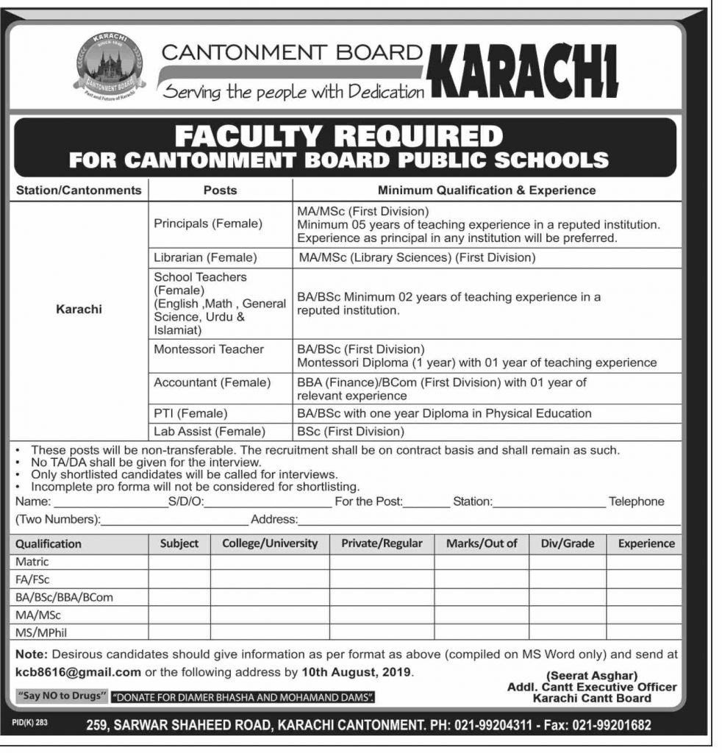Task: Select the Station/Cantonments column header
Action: point(78,190)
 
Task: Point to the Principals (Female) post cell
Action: point(208,223)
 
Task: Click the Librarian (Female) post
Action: point(205,257)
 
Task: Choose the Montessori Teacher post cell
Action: point(208,349)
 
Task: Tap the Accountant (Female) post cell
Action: point(212,382)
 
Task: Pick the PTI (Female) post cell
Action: point(190,413)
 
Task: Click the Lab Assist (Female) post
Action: point(209,432)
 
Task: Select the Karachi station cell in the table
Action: point(79,310)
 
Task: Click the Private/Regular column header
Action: point(382,543)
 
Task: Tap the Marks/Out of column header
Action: point(482,543)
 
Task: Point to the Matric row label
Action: point(32,562)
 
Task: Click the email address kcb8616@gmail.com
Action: point(78,671)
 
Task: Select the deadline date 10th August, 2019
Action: point(357,671)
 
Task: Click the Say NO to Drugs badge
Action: point(62,695)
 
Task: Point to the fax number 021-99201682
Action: point(605,725)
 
